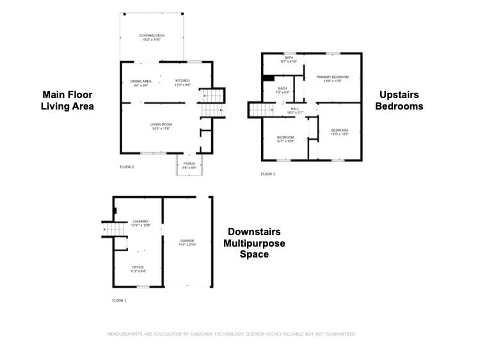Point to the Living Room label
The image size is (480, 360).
point(161,126)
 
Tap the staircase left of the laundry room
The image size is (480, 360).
point(113,229)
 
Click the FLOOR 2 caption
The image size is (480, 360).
point(127,167)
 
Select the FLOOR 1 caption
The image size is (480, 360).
point(120,300)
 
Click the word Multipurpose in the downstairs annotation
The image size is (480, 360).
point(254,243)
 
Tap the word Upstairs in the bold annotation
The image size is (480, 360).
point(399,94)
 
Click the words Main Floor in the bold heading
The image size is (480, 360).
point(67,94)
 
